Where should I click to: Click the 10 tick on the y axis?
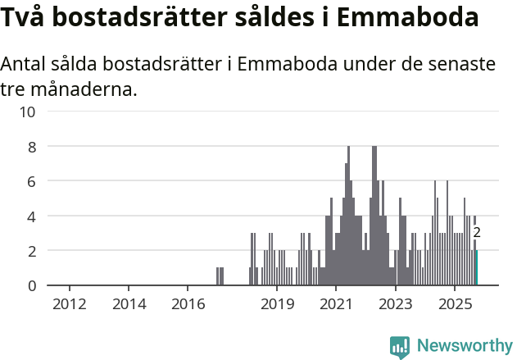pos(28,112)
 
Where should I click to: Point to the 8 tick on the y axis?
pos(31,147)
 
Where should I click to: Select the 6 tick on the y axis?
pos(31,181)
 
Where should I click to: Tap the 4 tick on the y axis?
pos(31,216)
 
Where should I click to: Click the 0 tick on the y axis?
pos(31,285)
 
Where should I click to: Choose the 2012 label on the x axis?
pos(70,305)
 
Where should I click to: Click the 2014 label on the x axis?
pos(129,305)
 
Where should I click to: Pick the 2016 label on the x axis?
pos(188,305)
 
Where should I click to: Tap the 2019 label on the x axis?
pos(277,305)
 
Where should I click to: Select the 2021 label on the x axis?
pos(336,305)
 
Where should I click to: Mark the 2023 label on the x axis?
pos(395,305)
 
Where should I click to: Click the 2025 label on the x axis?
pos(455,305)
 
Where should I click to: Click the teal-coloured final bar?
pos(476,268)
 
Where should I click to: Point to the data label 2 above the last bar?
pos(477,233)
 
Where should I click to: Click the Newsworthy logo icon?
pos(400,347)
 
